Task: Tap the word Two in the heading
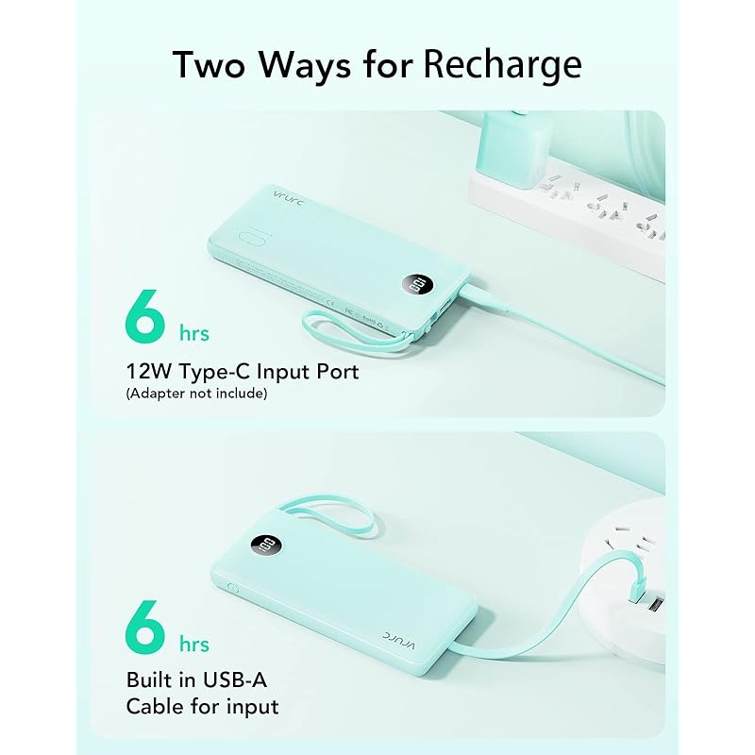coord(210,64)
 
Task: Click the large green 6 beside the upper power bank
coord(145,316)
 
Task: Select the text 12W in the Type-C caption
coord(149,372)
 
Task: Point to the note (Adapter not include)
coord(196,394)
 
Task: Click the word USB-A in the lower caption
coord(234,679)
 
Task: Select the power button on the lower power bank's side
coord(232,588)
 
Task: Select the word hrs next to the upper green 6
coord(194,333)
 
